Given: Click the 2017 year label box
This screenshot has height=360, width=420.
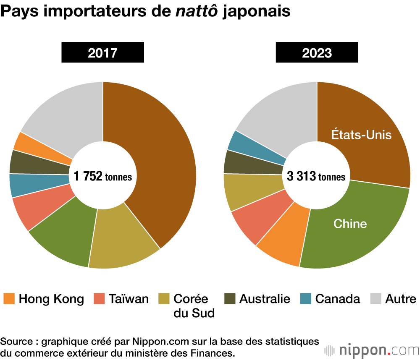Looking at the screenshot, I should [x=102, y=53].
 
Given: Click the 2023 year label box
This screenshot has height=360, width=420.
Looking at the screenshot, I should [x=317, y=53].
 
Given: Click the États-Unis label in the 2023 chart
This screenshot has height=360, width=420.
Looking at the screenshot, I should [x=361, y=135].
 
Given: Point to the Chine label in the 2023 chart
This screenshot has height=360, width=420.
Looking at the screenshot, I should [x=350, y=224].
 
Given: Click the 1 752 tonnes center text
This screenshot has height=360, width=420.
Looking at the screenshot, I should [x=102, y=177].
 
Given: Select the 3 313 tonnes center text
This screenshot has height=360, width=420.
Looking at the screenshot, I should [x=316, y=177].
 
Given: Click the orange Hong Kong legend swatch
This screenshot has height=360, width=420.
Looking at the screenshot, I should [x=9, y=299].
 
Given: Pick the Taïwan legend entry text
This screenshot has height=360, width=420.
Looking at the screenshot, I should [x=129, y=299].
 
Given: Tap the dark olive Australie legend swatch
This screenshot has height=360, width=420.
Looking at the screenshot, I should [x=230, y=299].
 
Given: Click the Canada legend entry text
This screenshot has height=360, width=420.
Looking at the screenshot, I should [x=338, y=299].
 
